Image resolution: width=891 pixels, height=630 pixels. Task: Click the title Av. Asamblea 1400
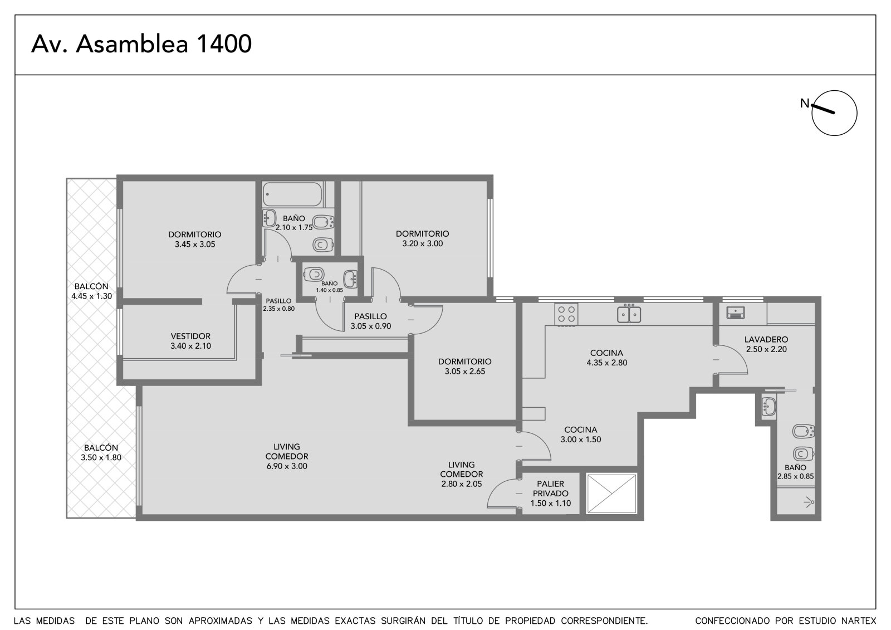click(x=141, y=43)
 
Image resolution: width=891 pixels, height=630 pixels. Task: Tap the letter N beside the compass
click(x=805, y=103)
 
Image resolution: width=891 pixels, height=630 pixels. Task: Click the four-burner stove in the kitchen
click(x=566, y=315)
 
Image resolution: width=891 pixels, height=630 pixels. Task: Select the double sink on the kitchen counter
click(x=629, y=314)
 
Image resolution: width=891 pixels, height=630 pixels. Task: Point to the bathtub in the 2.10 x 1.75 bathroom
click(x=292, y=194)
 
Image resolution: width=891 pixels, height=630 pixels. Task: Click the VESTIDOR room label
click(x=190, y=336)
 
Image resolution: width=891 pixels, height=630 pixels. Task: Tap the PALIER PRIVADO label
click(x=551, y=489)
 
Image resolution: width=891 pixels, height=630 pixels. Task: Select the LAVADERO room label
click(x=766, y=339)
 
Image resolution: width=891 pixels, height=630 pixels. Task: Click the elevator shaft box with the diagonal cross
click(x=612, y=494)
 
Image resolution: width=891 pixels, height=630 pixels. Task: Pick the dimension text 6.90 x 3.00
click(x=287, y=466)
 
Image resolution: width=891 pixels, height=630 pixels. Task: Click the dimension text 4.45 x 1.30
click(x=91, y=296)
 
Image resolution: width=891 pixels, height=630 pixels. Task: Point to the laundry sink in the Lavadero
click(x=736, y=312)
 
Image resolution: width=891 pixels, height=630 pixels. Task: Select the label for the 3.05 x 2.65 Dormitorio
click(x=464, y=362)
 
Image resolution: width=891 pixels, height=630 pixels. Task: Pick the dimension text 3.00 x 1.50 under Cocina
click(x=581, y=439)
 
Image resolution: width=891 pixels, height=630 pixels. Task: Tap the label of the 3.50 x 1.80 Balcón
click(x=101, y=448)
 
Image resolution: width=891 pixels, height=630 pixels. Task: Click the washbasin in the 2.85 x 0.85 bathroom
click(x=768, y=406)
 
